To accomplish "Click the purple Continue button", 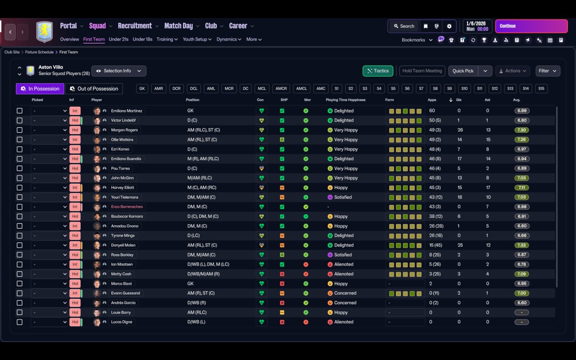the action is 531,26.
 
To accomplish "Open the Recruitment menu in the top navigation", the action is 135,26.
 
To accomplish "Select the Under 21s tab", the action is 118,39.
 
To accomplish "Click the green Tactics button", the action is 378,71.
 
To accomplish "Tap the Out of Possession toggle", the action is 94,89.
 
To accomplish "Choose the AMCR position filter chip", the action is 281,89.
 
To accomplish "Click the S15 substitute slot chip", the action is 541,89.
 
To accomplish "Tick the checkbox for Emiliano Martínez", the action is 19,111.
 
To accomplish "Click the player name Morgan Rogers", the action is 125,130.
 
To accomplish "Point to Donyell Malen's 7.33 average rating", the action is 522,245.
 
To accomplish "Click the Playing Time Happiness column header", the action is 346,100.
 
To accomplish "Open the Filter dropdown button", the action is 548,71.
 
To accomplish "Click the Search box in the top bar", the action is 404,26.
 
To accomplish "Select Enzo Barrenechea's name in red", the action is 127,207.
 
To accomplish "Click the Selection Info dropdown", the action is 119,71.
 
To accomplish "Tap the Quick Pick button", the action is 463,71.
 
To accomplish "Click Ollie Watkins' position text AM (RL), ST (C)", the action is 202,139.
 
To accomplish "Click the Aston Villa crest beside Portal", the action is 45,31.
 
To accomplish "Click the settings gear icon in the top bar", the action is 449,26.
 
